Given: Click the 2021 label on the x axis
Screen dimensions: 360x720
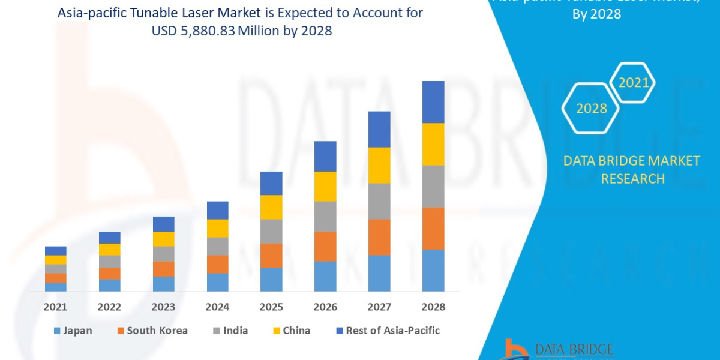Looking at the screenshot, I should coord(55,307).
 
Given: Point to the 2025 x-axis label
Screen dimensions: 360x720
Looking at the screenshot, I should coord(271,307).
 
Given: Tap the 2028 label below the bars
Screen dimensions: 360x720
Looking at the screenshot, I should coord(433,307).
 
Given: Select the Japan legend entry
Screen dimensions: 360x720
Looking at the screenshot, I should coord(73,331).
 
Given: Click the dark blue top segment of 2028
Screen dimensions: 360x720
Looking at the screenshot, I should coord(433,102).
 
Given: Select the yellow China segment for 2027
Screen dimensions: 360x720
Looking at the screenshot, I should coord(379,165).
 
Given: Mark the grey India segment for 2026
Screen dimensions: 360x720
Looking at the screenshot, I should coord(325,216).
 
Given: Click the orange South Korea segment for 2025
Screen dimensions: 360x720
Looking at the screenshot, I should coord(271,255).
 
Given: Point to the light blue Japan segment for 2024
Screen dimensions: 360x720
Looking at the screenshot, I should coord(217,282).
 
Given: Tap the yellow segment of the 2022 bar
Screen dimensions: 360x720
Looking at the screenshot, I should coord(109,249).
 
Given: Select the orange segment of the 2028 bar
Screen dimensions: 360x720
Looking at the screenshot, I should coord(433,228).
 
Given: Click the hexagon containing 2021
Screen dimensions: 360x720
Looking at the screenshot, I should coord(633,83).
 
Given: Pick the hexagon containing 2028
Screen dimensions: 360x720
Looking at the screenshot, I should coord(591,109).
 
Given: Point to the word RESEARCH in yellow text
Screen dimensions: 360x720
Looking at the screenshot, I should coord(632,178).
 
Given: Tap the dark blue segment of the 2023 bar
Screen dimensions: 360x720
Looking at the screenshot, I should coord(163,224).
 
